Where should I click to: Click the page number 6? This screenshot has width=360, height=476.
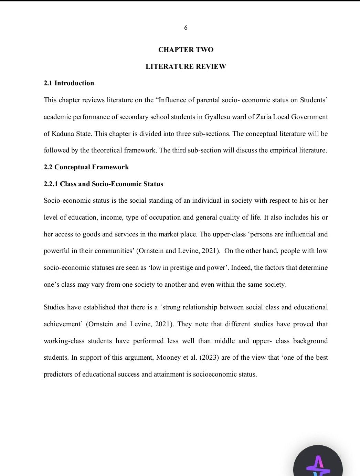click(x=186, y=28)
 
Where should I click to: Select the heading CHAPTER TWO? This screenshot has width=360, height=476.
click(x=186, y=50)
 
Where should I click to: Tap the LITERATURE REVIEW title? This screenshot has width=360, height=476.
click(x=186, y=66)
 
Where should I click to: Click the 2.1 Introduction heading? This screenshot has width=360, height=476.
click(x=69, y=83)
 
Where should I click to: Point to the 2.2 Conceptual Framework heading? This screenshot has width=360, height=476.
click(x=86, y=167)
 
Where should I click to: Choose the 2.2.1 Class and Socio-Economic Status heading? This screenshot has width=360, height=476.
click(x=103, y=184)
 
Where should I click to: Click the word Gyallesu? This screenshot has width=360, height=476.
click(x=218, y=117)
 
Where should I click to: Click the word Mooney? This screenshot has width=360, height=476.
click(x=168, y=357)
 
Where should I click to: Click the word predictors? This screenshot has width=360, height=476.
click(x=58, y=374)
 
